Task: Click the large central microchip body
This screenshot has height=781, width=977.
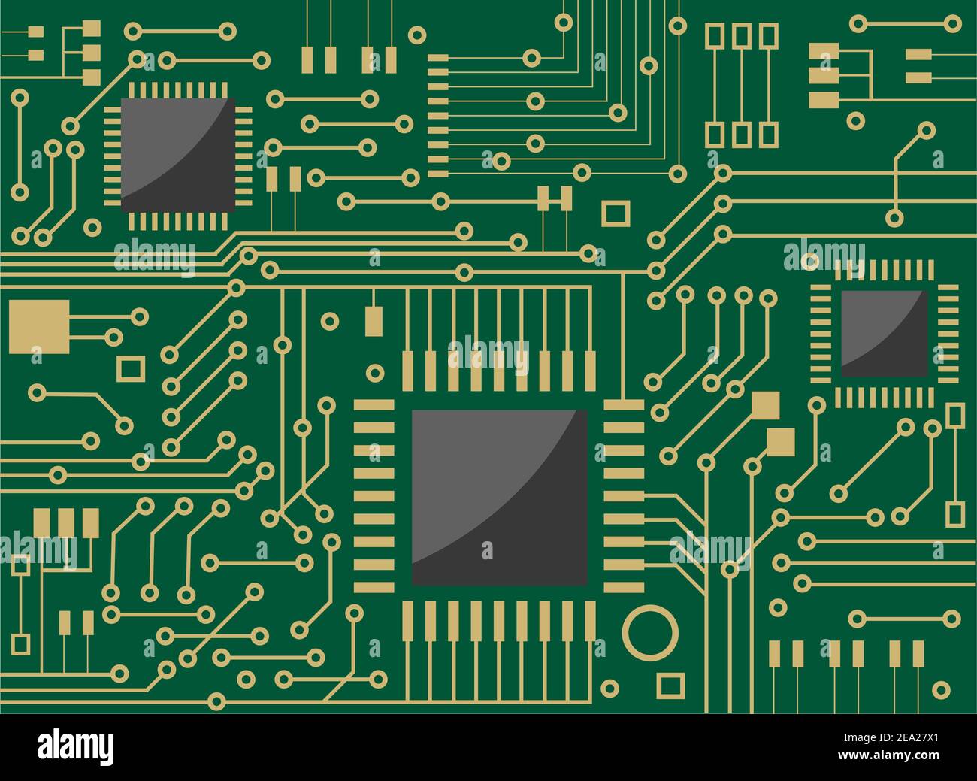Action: click(499, 497)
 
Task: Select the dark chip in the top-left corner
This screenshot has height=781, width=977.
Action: click(177, 153)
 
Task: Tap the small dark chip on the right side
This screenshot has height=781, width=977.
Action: click(884, 333)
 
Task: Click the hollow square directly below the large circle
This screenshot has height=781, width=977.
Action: click(670, 685)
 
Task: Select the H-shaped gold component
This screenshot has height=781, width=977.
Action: click(555, 198)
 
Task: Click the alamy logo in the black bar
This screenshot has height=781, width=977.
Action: click(76, 746)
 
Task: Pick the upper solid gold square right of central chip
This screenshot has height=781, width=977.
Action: click(765, 405)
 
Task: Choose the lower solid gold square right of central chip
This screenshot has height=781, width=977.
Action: click(781, 440)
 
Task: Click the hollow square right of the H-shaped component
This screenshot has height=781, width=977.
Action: click(616, 213)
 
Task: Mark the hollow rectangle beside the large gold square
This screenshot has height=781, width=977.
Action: click(132, 368)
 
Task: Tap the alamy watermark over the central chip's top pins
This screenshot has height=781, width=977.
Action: click(488, 353)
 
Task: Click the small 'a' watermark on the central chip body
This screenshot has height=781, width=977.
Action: click(487, 550)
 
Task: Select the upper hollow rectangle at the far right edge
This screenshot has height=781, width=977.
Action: click(954, 416)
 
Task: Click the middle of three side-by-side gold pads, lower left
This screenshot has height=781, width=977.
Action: click(66, 522)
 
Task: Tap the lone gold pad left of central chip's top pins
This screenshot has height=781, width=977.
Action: click(373, 320)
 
